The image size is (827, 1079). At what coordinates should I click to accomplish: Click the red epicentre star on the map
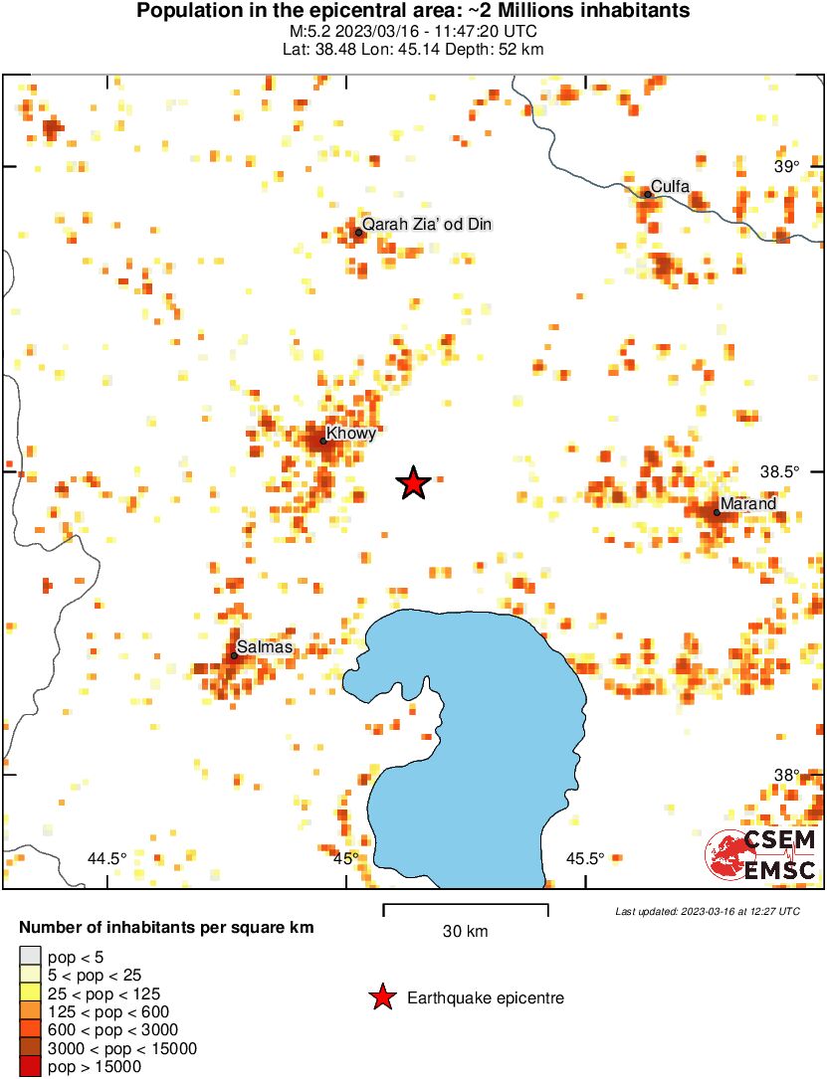coord(413,483)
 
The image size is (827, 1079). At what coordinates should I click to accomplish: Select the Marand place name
coord(747,504)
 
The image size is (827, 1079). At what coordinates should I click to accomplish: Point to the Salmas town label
coord(265,647)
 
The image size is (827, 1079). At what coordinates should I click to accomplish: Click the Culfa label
coord(670,186)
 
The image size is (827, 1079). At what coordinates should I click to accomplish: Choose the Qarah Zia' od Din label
coord(427,225)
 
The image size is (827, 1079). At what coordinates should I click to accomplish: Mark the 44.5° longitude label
coord(107,858)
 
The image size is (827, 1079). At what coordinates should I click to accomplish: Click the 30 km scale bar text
coord(465,932)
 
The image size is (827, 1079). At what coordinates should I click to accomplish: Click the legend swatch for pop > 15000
coord(30,1066)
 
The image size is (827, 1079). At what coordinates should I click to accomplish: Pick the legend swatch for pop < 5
coord(30,957)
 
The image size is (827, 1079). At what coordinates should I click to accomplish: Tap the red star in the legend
coord(381,997)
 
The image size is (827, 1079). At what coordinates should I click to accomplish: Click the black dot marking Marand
coord(717,512)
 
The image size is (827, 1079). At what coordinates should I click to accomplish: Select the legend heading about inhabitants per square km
coord(166,928)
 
